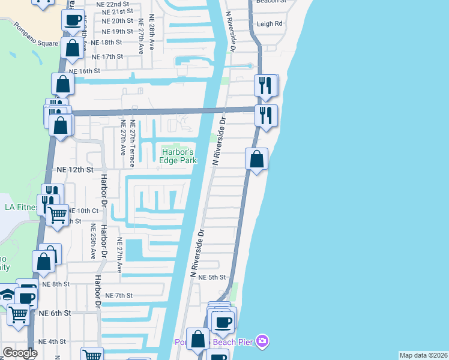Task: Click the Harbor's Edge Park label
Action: click(x=178, y=156)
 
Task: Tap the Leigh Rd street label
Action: click(x=270, y=24)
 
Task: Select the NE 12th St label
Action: click(x=76, y=170)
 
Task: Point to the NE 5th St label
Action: click(x=212, y=277)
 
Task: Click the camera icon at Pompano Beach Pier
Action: click(x=262, y=342)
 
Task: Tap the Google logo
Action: click(x=20, y=353)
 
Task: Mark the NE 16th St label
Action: click(x=85, y=71)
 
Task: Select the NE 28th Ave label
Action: click(x=155, y=38)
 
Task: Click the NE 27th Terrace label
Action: click(x=131, y=144)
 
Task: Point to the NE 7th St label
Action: click(x=118, y=295)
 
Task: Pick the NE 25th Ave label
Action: click(x=94, y=242)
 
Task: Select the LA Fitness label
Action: click(x=21, y=208)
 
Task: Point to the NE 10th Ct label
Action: click(x=83, y=211)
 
